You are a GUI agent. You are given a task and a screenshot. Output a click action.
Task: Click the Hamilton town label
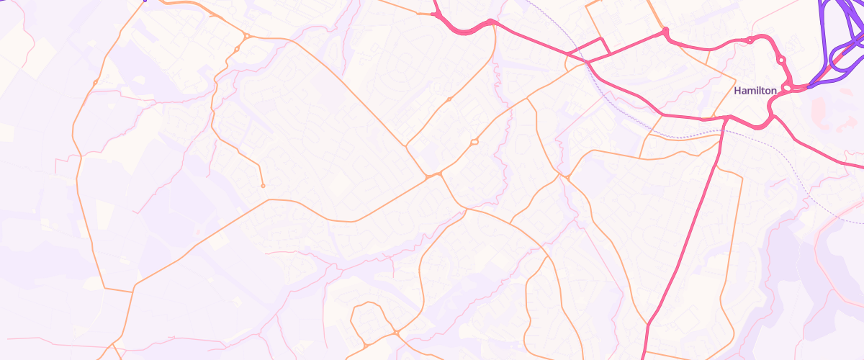click(x=755, y=91)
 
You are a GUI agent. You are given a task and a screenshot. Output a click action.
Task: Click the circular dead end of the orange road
click(x=263, y=186)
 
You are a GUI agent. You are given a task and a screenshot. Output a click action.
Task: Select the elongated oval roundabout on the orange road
click(x=474, y=142)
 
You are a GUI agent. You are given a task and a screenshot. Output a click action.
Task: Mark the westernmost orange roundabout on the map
click(x=95, y=83)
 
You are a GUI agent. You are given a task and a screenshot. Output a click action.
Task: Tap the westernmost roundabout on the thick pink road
click(x=435, y=14)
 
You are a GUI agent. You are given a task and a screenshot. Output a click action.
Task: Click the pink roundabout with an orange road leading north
click(x=665, y=31)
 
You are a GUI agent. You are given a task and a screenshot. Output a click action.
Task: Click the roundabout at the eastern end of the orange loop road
click(x=396, y=332)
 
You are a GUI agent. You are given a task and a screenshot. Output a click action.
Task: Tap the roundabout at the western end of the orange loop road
click(x=365, y=346)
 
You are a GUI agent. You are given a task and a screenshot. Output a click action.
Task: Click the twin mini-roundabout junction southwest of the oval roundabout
click(x=433, y=174)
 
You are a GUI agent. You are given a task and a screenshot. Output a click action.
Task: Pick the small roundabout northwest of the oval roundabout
click(x=449, y=99)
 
